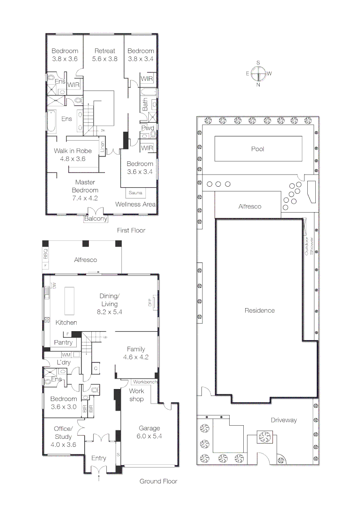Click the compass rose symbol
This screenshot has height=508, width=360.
(258, 73)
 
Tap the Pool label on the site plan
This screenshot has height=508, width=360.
(257, 149)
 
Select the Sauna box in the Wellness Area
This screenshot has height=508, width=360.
(136, 193)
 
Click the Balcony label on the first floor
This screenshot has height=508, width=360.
(96, 219)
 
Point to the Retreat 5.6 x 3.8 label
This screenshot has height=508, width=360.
(104, 55)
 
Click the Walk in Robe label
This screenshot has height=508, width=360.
(72, 155)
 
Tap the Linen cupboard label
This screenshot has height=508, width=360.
(102, 146)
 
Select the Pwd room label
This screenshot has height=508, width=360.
(148, 128)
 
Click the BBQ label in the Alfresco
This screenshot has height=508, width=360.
(46, 255)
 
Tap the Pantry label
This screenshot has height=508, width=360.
(64, 342)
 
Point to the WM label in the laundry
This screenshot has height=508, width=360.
(66, 355)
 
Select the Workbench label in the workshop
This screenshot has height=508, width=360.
(144, 382)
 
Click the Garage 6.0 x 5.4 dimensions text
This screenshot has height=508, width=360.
(149, 436)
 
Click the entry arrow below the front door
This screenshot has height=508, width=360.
(99, 478)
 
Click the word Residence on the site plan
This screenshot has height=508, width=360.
(259, 310)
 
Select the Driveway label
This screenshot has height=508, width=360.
(283, 420)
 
